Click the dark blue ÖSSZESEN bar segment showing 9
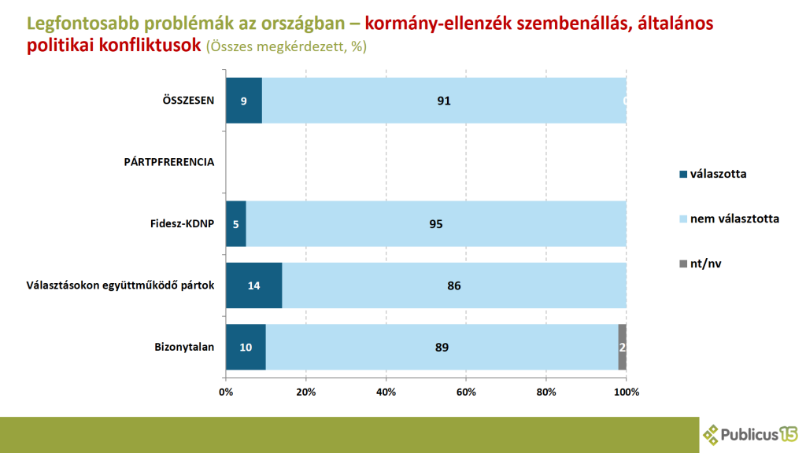(x=243, y=101)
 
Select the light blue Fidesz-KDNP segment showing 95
(x=436, y=224)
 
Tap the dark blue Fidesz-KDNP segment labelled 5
(x=235, y=224)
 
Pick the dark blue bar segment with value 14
(x=253, y=285)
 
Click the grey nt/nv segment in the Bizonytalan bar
(x=623, y=347)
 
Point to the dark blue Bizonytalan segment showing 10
(x=246, y=347)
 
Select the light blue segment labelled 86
(x=453, y=285)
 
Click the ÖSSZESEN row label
(x=187, y=101)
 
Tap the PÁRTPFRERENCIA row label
(x=169, y=162)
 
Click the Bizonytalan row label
(x=184, y=347)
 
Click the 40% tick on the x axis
(x=386, y=392)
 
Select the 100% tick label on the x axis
(x=626, y=392)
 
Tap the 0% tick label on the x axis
(x=226, y=392)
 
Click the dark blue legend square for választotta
(x=682, y=174)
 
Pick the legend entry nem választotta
(x=734, y=219)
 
